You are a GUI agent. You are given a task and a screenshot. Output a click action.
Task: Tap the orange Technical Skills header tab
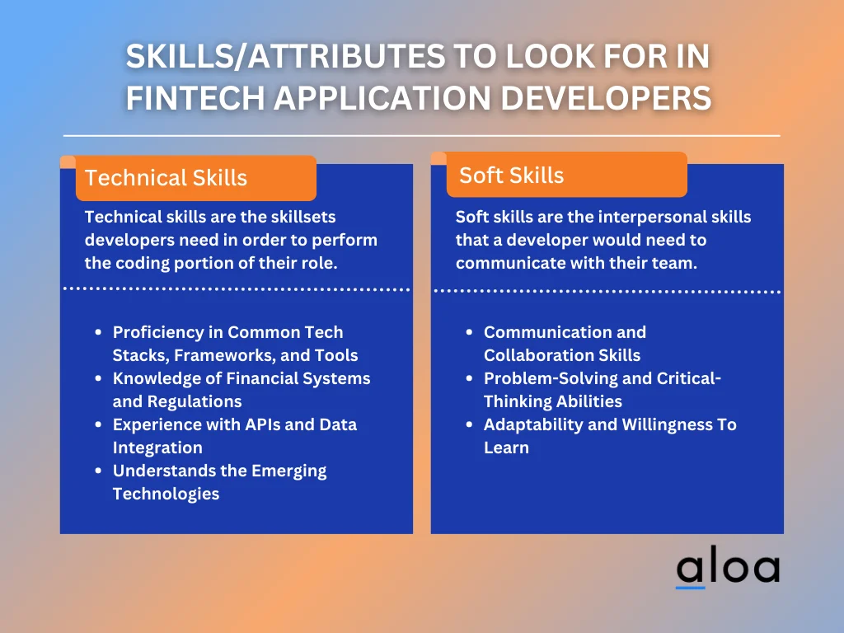coord(196,178)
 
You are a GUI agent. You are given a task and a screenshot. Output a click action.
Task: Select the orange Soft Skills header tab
coord(567,175)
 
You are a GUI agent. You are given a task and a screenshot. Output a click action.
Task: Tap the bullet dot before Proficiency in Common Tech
coord(99,332)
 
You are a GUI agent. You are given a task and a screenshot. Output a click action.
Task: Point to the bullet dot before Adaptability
coord(470,424)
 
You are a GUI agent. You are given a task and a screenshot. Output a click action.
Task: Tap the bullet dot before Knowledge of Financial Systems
coord(99,378)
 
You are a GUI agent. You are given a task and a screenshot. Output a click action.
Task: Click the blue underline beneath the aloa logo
coord(691,587)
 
